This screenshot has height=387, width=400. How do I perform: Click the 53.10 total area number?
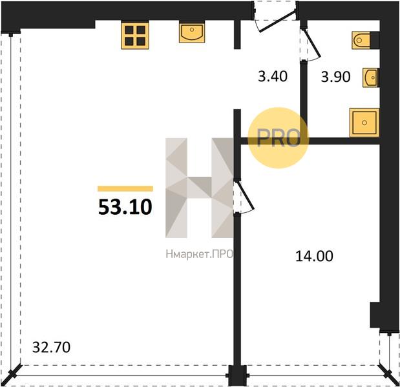(x=125, y=207)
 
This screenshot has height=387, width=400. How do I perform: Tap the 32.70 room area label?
(x=51, y=347)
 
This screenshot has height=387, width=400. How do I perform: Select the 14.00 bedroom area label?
(x=314, y=256)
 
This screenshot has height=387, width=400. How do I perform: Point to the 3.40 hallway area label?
(x=273, y=76)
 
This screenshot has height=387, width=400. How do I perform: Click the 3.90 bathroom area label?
(x=335, y=77)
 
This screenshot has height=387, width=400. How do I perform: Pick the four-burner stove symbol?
(x=134, y=35)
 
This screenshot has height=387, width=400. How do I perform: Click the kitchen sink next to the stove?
(x=192, y=33)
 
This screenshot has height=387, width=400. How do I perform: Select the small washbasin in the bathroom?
(x=371, y=77)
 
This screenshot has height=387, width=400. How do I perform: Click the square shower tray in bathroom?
(x=364, y=123)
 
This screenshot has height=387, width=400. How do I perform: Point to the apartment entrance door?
(x=277, y=21)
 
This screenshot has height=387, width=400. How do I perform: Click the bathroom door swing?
(x=310, y=45)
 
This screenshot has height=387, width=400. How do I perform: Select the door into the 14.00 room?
(x=244, y=197)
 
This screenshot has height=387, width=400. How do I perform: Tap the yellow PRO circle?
(x=279, y=138)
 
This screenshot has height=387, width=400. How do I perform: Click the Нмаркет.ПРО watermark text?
(x=199, y=254)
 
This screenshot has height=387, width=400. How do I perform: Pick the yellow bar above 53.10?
(x=125, y=188)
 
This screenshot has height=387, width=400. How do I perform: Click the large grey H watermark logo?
(x=199, y=188)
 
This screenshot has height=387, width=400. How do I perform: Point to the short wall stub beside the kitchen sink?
(x=237, y=34)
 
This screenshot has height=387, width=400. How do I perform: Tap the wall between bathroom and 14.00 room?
(x=310, y=141)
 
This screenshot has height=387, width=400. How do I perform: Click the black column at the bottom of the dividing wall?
(x=238, y=375)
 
